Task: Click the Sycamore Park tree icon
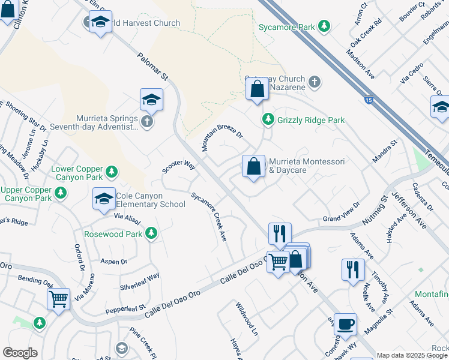click(x=324, y=26)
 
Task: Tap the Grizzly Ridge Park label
click(x=310, y=120)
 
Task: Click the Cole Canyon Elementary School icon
click(x=103, y=199)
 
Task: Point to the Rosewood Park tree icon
click(x=151, y=233)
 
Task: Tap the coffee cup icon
click(x=345, y=324)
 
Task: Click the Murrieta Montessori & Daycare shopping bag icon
click(x=254, y=166)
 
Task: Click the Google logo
click(x=20, y=353)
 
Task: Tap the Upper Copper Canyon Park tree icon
click(x=60, y=193)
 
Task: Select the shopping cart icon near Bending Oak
click(x=58, y=298)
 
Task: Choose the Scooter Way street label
click(x=179, y=167)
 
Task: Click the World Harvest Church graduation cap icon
click(x=100, y=23)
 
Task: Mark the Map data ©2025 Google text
click(x=412, y=355)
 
